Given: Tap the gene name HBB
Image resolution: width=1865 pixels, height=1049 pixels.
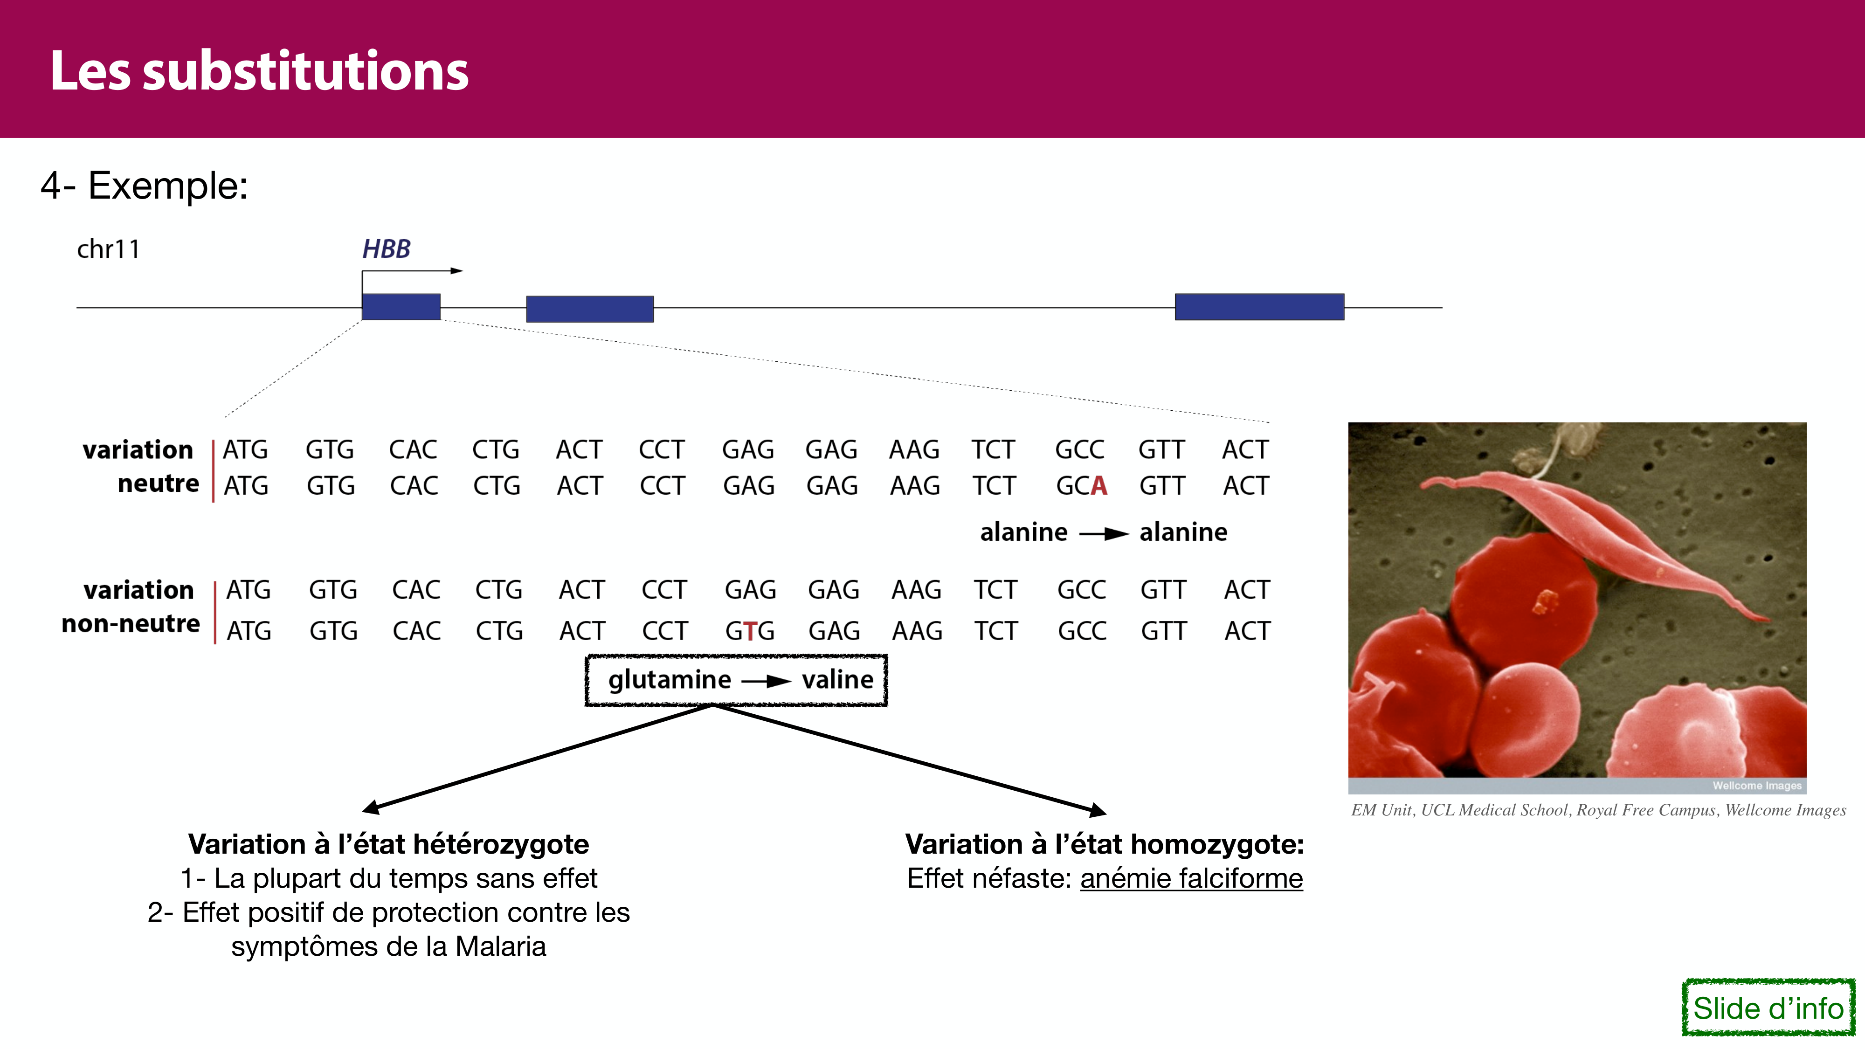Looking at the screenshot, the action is tap(386, 249).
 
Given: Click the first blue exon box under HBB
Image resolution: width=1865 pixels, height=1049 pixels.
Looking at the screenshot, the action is tap(401, 306).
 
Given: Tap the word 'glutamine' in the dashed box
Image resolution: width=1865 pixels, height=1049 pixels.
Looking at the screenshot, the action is tap(670, 680).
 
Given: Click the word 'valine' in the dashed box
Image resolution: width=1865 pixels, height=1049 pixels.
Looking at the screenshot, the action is tap(838, 680).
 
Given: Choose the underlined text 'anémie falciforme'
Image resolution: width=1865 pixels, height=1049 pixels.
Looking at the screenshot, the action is tap(1192, 878).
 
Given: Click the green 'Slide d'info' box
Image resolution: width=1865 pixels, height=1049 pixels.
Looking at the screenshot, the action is tap(1768, 1008).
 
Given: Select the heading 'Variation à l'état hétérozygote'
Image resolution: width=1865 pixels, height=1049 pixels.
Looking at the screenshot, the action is tap(389, 844).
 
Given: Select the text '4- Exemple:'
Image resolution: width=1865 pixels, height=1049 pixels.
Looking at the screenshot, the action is tap(144, 186).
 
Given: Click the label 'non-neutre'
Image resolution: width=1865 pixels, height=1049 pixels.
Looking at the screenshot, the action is tap(131, 623).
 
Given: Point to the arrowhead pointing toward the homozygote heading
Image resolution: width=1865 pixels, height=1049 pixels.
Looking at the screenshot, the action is tap(1098, 811).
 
